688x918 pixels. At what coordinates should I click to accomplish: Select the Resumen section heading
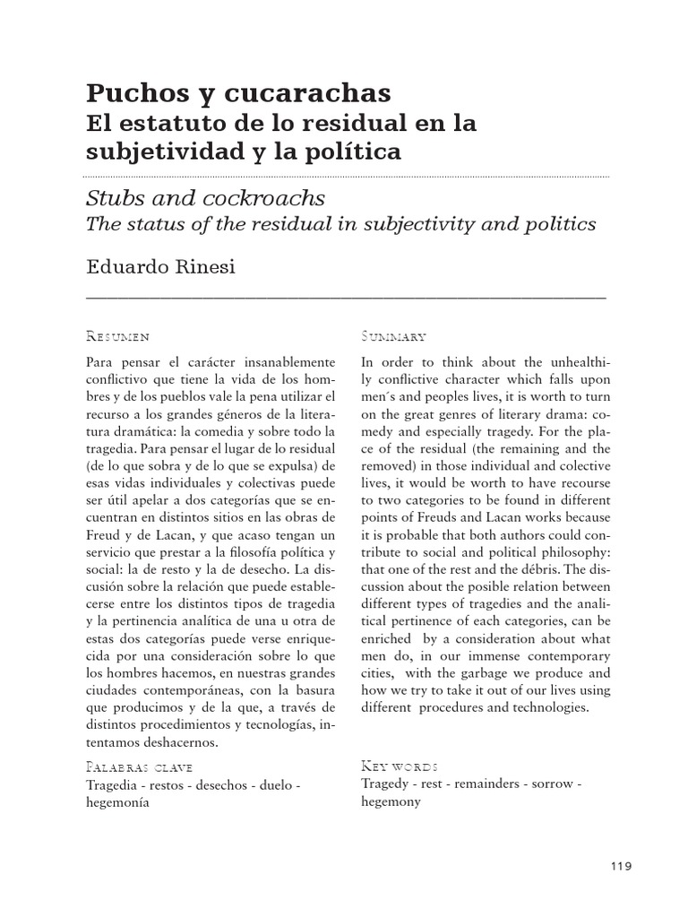pos(117,337)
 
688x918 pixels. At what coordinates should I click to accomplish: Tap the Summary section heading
pos(393,337)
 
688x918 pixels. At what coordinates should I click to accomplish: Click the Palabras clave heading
pos(139,767)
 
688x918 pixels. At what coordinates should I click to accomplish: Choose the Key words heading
pos(400,767)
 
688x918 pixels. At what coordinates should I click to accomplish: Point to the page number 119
pos(620,865)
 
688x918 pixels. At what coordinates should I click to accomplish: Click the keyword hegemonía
pos(117,802)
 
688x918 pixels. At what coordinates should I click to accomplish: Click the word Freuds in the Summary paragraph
pos(427,519)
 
